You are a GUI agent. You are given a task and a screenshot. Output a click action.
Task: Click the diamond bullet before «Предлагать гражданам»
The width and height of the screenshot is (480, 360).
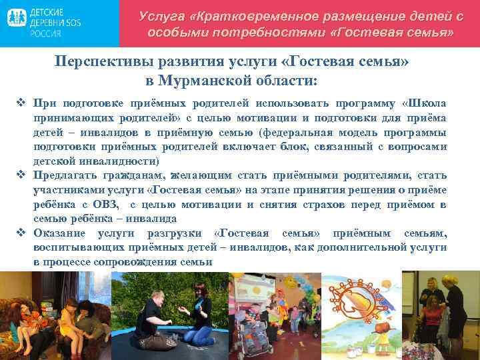click(x=20, y=175)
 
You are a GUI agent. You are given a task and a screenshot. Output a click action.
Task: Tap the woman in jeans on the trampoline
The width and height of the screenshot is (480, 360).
click(x=200, y=313)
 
